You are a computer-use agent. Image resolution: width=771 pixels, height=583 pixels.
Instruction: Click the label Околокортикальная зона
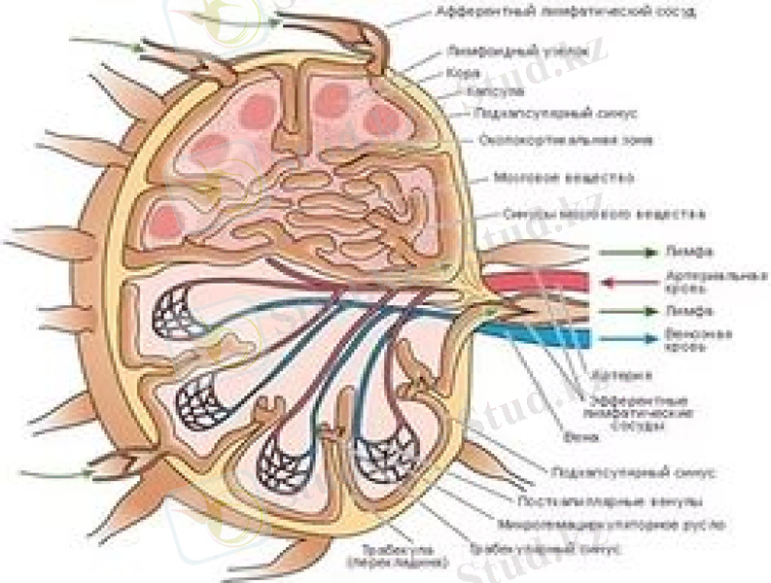click(551, 140)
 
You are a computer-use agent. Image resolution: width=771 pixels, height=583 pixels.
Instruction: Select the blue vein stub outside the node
click(544, 337)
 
